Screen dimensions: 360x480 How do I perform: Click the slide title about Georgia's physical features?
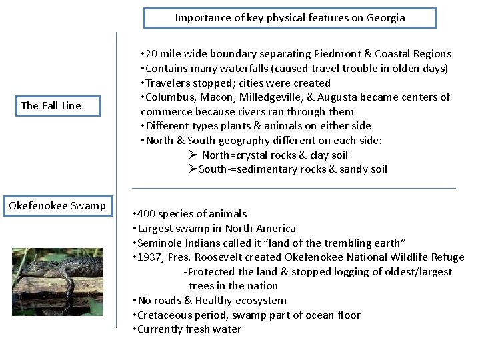pyautogui.click(x=290, y=18)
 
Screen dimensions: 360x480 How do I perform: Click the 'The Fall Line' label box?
pyautogui.click(x=51, y=105)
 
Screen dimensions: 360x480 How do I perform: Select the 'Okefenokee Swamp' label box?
pyautogui.click(x=57, y=205)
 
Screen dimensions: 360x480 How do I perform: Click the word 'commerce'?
pyautogui.click(x=165, y=112)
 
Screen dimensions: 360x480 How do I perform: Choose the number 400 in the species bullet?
pyautogui.click(x=148, y=214)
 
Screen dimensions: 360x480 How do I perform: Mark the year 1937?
pyautogui.click(x=151, y=257)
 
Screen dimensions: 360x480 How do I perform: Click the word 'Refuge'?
pyautogui.click(x=447, y=257)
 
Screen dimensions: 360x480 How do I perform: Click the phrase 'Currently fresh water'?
pyautogui.click(x=189, y=329)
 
